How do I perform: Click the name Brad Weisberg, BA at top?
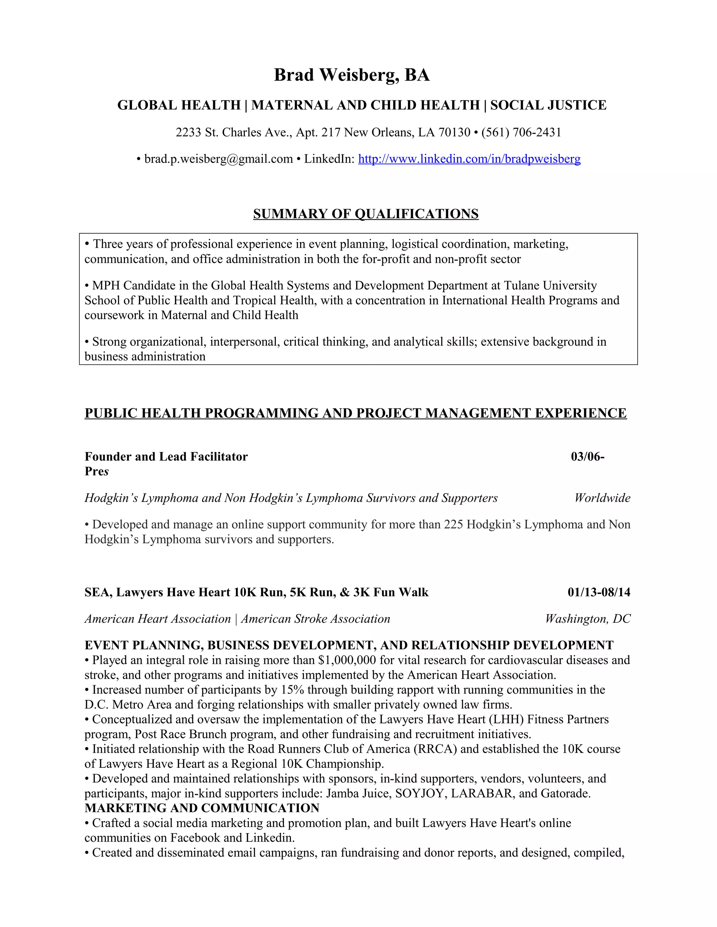tap(352, 75)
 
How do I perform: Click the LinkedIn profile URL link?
tap(469, 159)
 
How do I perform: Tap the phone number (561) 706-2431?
tap(521, 133)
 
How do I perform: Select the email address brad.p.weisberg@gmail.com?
tap(218, 159)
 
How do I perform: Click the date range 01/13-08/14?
tap(599, 592)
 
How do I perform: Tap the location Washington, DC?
tap(588, 619)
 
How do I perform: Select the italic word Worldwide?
tap(602, 498)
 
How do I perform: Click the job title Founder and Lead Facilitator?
tap(166, 457)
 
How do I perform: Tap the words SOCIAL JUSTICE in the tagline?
tap(548, 105)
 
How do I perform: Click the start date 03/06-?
tap(587, 457)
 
